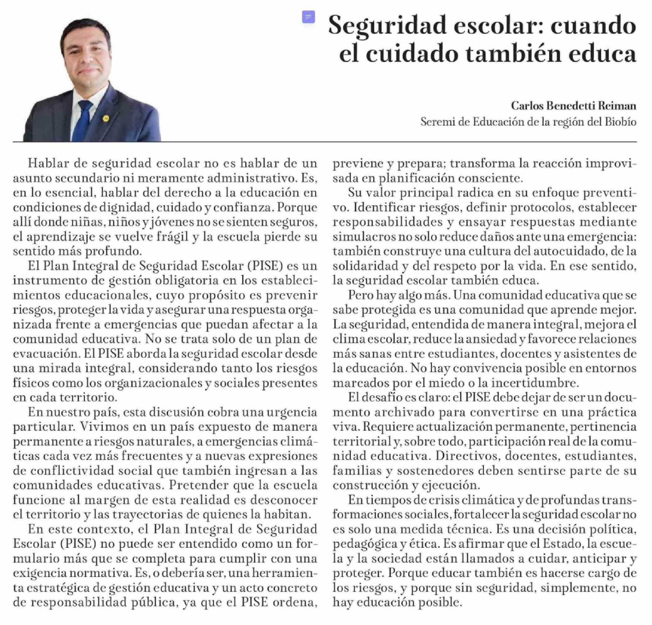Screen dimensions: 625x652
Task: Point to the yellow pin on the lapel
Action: tap(106, 118)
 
